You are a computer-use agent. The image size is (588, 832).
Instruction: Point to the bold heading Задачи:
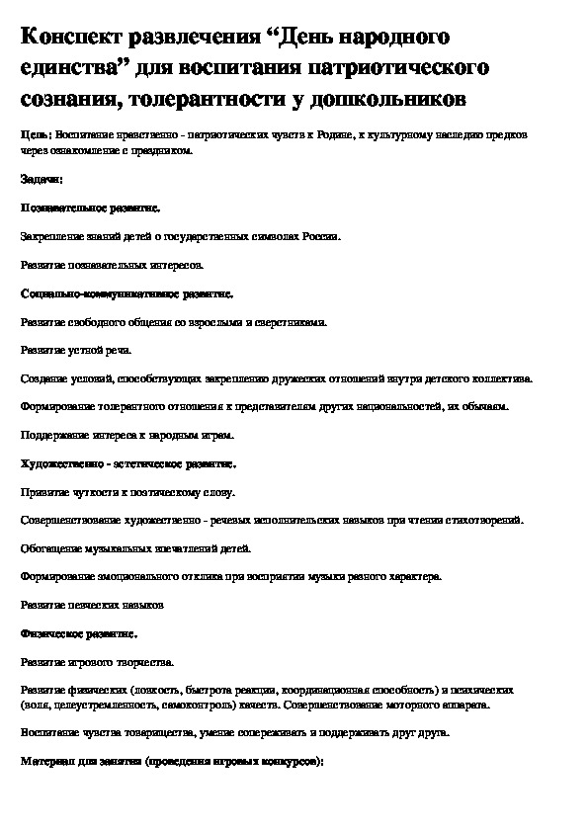41,180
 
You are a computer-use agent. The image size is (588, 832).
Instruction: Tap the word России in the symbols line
322,237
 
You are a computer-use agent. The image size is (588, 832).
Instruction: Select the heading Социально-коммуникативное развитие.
126,293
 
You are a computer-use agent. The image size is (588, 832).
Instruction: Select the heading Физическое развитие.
78,632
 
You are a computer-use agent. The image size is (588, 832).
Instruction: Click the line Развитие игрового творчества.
96,660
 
